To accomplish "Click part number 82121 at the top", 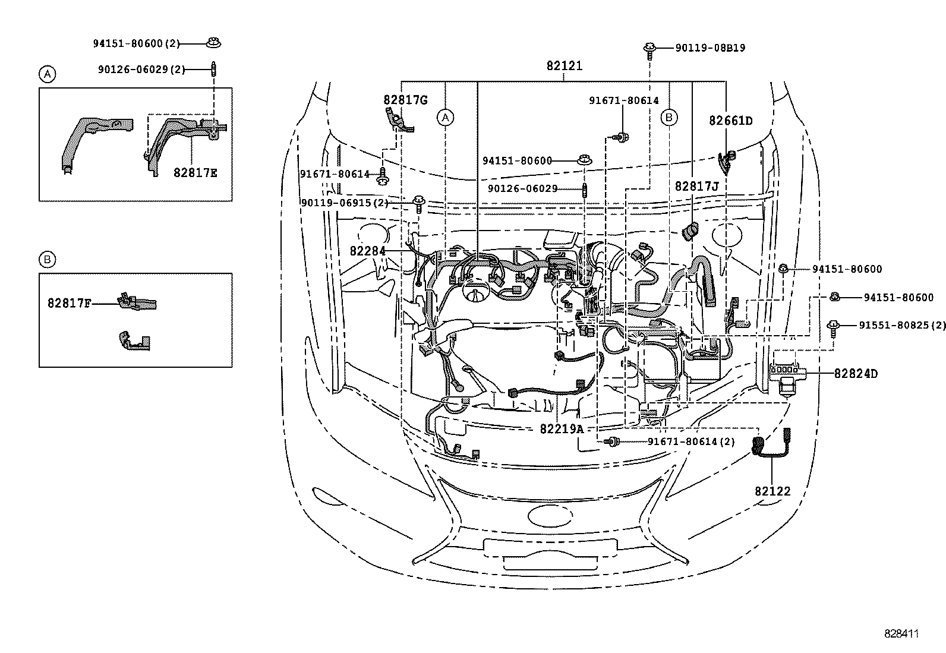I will pyautogui.click(x=564, y=66).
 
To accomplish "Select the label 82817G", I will pyautogui.click(x=405, y=100).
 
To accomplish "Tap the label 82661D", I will pyautogui.click(x=730, y=121).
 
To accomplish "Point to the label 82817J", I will pyautogui.click(x=696, y=187).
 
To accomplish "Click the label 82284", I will pyautogui.click(x=367, y=251).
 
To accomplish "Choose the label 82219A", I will pyautogui.click(x=562, y=428).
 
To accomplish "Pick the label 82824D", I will pyautogui.click(x=856, y=374).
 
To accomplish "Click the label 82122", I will pyautogui.click(x=772, y=491).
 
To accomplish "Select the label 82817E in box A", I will pyautogui.click(x=195, y=173).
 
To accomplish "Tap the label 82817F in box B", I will pyautogui.click(x=70, y=303).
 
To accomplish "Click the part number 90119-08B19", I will pyautogui.click(x=710, y=48).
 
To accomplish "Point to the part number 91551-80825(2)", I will pyautogui.click(x=902, y=325).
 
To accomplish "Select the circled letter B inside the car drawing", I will pyautogui.click(x=669, y=118).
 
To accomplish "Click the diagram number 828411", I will pyautogui.click(x=901, y=634).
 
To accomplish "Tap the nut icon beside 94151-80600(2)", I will pyautogui.click(x=213, y=43).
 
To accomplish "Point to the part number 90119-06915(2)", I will pyautogui.click(x=345, y=203).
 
